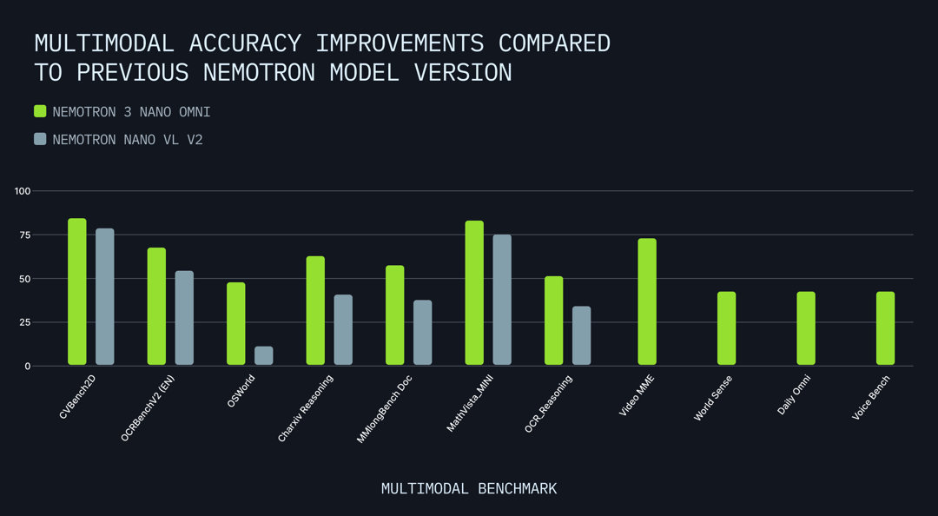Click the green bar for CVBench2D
point(77,292)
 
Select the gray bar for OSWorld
point(264,356)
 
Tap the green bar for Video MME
point(647,301)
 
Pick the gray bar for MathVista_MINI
point(502,300)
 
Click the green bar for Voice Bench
point(885,328)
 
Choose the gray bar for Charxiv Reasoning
point(343,330)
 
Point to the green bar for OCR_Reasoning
point(553,321)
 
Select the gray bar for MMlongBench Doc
point(423,333)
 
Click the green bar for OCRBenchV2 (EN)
point(156,307)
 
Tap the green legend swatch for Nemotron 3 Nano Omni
point(40,111)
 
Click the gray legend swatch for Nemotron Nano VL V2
point(40,139)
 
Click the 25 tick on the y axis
point(25,322)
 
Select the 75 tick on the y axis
point(25,235)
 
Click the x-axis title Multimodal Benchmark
point(469,489)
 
